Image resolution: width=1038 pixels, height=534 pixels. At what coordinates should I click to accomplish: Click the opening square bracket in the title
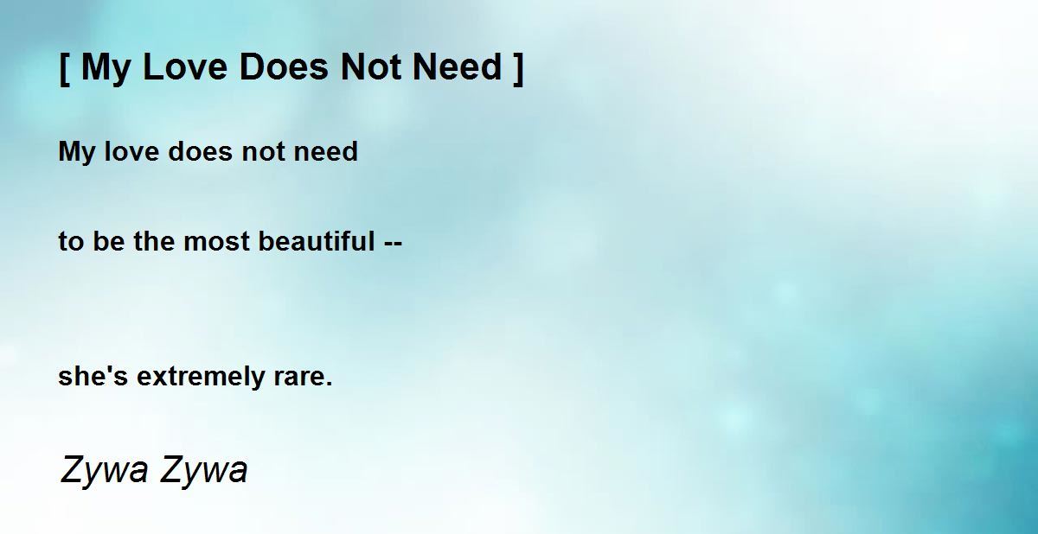65,68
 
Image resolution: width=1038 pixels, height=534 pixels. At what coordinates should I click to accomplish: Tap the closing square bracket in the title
519,68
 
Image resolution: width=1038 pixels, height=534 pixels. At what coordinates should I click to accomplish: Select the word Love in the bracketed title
185,67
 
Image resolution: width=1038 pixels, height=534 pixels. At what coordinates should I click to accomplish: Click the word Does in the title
284,67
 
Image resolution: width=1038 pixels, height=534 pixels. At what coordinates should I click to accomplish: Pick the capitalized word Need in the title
458,67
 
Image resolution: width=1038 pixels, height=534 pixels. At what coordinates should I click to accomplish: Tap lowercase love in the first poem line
131,151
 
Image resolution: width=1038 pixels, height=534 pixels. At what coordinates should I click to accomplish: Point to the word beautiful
316,241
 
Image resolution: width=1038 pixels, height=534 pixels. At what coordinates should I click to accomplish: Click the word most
216,242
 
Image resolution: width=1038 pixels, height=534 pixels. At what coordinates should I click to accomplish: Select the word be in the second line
109,241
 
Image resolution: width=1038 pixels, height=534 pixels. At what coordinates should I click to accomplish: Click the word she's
93,376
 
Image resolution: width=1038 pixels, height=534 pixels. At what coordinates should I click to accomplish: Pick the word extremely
200,377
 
